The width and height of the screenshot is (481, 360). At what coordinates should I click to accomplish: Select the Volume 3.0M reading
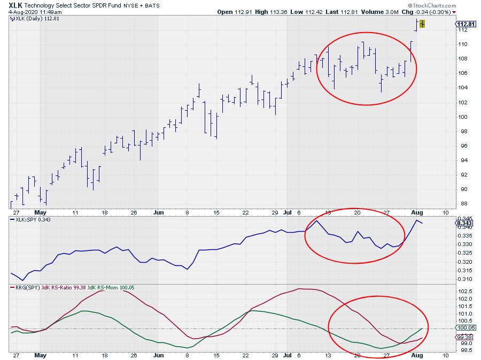point(384,12)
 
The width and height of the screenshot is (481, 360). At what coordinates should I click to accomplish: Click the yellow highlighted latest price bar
point(422,24)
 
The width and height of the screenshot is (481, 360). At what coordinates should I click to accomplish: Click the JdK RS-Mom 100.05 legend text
point(113,287)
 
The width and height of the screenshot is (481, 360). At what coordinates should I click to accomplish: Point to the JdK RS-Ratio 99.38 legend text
point(61,287)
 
